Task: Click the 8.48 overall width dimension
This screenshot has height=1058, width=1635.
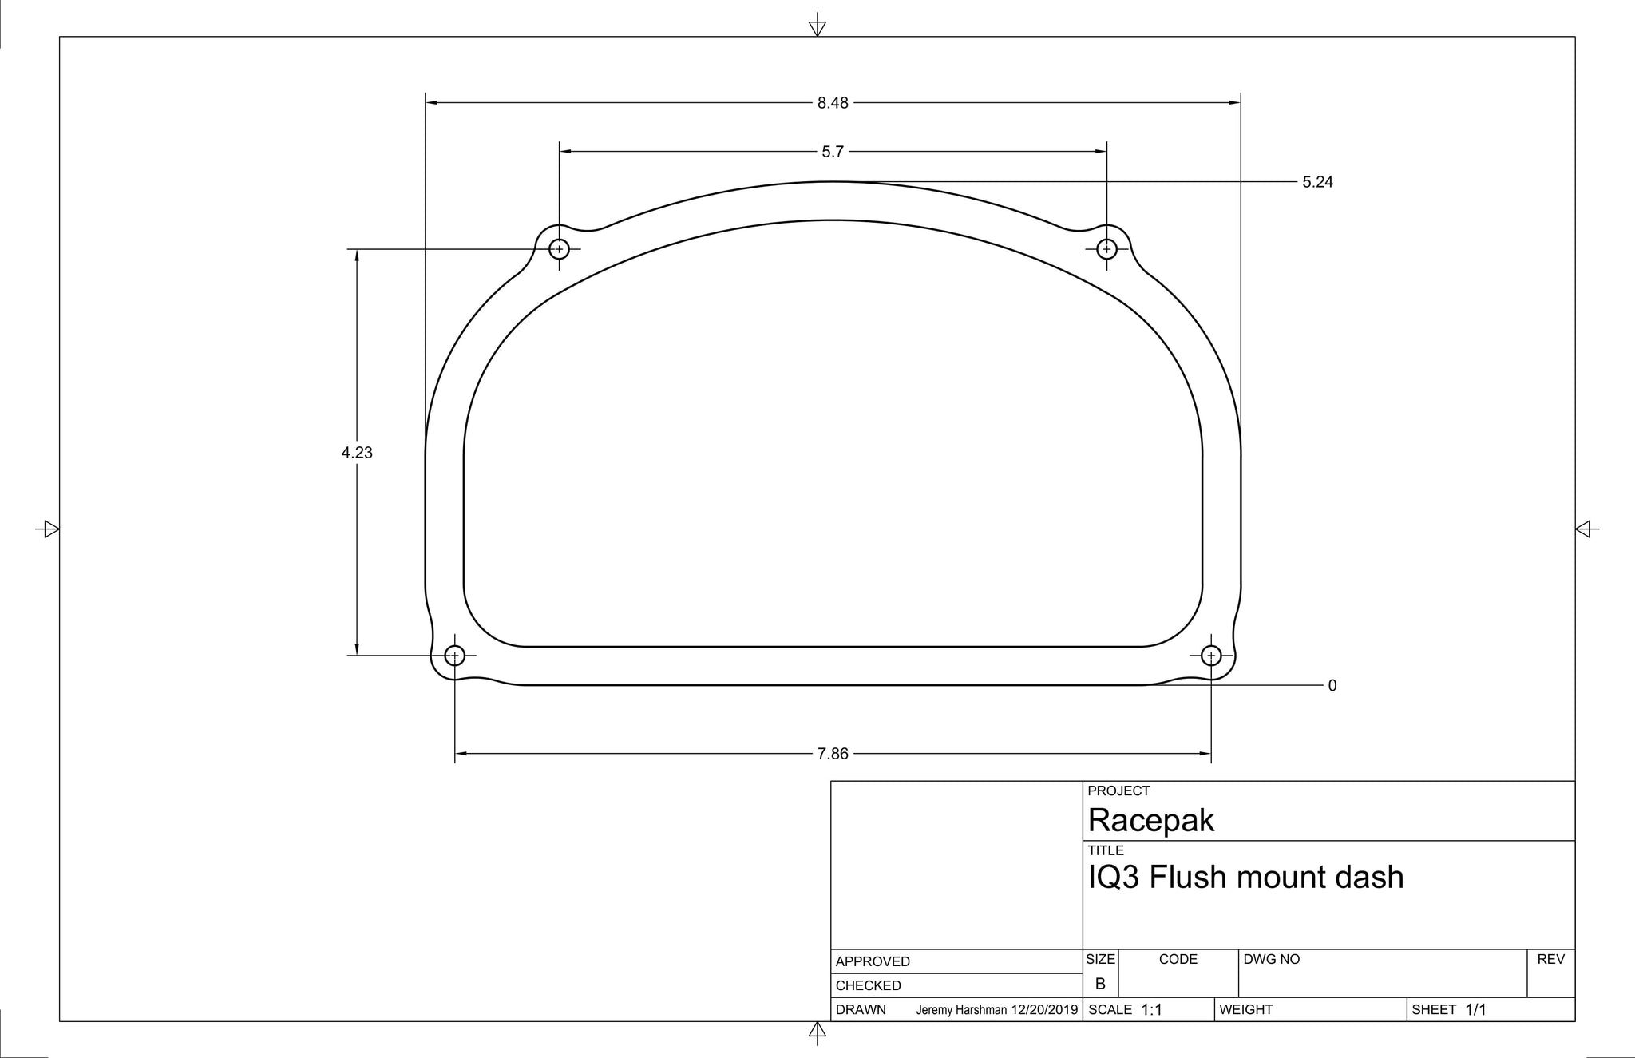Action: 833,103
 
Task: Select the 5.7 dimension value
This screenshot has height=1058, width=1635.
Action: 833,152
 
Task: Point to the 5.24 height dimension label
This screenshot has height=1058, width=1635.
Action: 1317,182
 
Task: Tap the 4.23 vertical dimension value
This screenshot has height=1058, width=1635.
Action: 357,453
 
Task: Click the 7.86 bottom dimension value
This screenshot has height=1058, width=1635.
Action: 833,754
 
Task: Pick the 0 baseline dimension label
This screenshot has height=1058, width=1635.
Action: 1332,686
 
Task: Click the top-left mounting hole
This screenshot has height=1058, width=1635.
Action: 559,249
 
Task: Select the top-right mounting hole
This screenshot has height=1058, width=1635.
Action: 1106,249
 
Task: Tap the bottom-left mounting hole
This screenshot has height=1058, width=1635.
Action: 454,656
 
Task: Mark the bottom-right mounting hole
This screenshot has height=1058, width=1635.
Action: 1211,656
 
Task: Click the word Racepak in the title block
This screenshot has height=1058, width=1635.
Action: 1150,821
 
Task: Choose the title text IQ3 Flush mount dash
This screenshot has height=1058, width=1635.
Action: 1245,878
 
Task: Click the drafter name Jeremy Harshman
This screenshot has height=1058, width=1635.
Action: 961,1010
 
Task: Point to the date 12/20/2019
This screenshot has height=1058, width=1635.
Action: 1044,1010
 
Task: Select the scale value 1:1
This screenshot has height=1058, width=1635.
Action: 1151,1010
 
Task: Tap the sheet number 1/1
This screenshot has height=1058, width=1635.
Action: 1475,1010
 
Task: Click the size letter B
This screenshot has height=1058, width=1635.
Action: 1100,985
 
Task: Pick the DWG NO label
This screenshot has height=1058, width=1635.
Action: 1271,959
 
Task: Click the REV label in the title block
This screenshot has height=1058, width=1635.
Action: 1550,959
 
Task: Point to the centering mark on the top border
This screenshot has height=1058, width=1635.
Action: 817,26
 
